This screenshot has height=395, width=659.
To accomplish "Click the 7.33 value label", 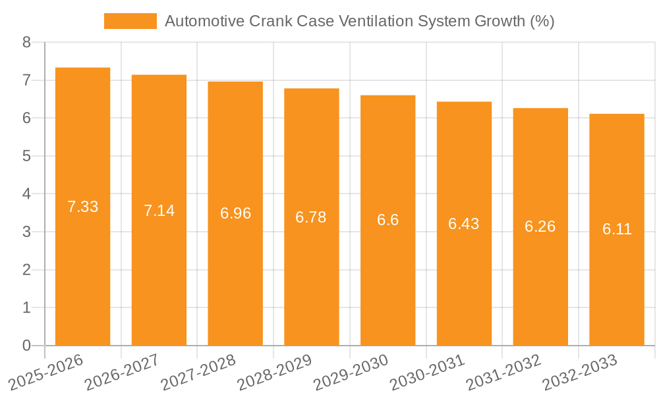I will click(82, 207).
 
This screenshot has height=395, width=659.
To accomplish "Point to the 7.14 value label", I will click(159, 211).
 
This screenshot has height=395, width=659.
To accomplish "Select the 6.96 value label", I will click(235, 213).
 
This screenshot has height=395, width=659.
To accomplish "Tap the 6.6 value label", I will click(387, 220).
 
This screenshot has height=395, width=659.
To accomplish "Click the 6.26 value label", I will click(540, 226).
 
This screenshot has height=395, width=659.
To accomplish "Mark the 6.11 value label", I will click(617, 229).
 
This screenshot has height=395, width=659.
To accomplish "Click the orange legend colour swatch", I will click(130, 21).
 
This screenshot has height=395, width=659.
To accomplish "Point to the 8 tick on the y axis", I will click(26, 43).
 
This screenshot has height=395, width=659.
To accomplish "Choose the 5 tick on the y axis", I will click(26, 156).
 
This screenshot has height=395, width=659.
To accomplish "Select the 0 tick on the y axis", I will click(26, 346).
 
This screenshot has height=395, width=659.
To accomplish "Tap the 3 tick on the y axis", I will click(26, 232).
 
